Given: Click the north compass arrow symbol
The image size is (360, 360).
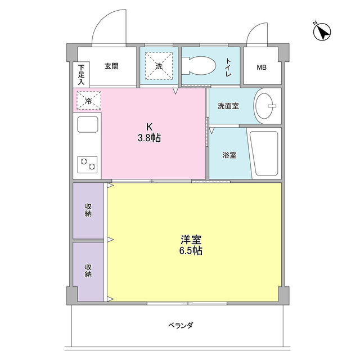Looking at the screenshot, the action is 322,31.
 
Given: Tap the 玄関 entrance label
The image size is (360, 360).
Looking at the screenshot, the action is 111,66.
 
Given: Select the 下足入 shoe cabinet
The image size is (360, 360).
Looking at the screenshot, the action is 81,75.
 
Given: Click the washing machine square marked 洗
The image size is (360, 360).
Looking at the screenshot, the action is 159,66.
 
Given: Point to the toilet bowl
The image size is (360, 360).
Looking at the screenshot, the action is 199,66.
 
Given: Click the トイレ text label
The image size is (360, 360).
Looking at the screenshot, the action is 228,67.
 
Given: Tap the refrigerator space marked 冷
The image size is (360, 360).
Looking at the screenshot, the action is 89,100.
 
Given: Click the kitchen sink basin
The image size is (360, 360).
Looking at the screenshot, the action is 88,124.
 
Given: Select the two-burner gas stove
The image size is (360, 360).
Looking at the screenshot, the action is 87,165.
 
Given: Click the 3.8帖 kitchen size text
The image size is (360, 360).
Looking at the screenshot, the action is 149,138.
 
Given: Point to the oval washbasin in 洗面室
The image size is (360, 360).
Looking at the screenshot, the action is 264,106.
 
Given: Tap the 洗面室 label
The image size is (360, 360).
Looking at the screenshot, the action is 228,106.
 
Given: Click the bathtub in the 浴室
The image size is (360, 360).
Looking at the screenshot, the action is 264,153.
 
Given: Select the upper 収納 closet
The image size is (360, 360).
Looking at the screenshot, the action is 88,210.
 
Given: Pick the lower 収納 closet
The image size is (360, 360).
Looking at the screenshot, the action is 88,272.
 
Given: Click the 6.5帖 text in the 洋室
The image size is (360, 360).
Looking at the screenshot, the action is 191,251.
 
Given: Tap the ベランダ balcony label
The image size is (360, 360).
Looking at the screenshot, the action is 181,325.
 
